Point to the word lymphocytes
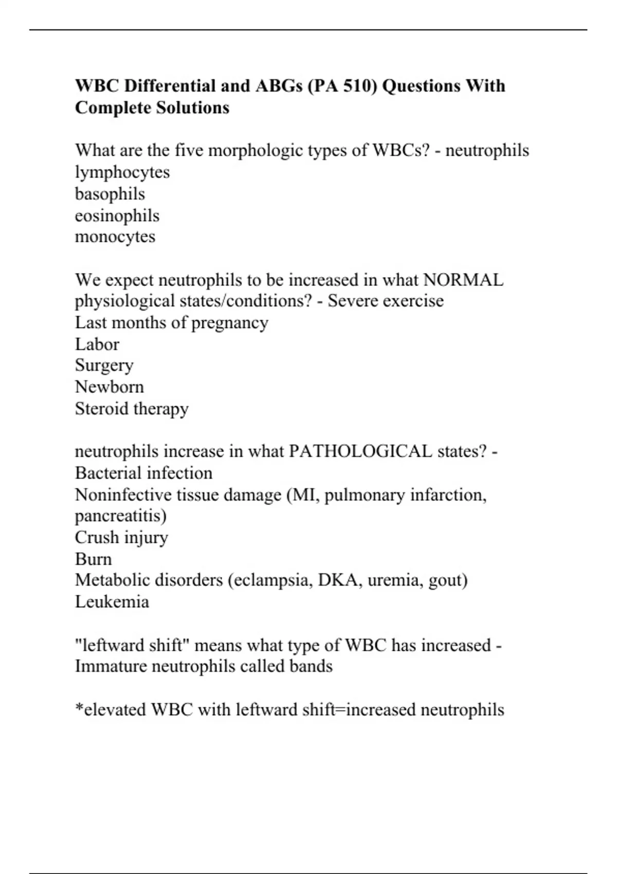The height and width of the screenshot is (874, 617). (x=122, y=172)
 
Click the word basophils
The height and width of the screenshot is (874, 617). (x=110, y=194)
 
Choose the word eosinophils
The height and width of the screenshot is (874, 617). (x=117, y=215)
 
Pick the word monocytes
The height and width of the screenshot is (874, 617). (x=115, y=236)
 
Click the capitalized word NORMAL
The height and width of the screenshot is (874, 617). (x=463, y=280)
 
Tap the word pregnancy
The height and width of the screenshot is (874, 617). (x=230, y=322)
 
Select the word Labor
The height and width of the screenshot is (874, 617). (x=97, y=344)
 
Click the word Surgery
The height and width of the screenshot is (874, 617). (x=104, y=365)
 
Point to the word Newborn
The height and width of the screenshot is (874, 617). (x=110, y=387)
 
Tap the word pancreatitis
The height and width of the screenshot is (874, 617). (x=121, y=516)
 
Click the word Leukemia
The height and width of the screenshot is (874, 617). (x=112, y=602)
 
